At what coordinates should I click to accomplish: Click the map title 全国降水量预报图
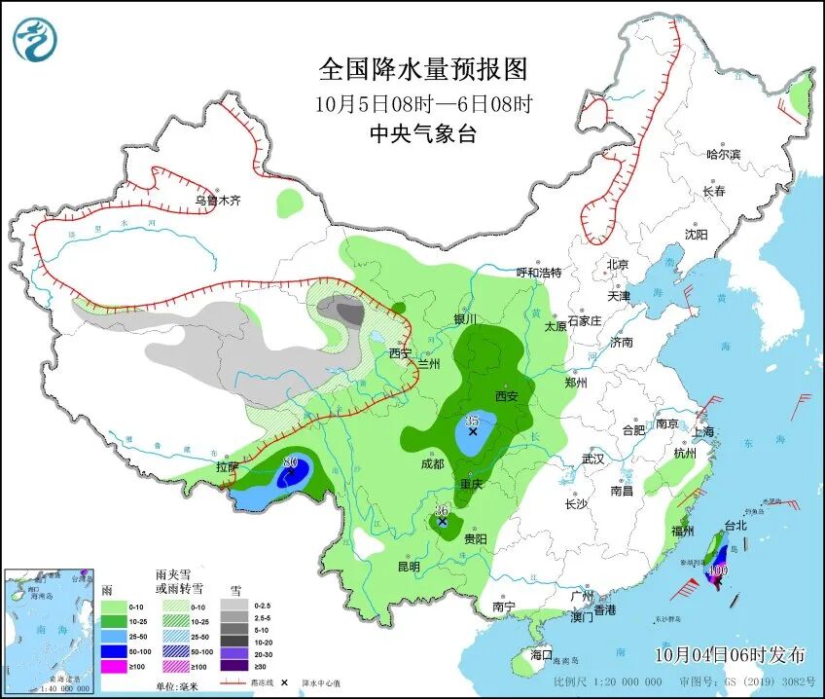click(x=423, y=69)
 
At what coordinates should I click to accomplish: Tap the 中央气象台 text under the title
click(x=423, y=134)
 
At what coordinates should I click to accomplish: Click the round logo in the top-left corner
click(x=35, y=39)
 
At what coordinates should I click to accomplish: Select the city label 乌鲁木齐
click(x=216, y=202)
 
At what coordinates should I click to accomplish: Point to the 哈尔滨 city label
click(x=723, y=155)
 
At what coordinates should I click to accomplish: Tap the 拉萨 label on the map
click(x=227, y=466)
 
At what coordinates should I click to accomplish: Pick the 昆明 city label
click(x=409, y=567)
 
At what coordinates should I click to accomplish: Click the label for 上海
click(x=703, y=431)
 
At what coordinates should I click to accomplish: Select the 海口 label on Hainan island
click(x=541, y=656)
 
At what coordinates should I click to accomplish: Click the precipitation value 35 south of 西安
click(x=472, y=421)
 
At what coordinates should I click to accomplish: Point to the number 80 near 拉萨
click(x=289, y=463)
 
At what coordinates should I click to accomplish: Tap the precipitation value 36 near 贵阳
click(x=441, y=510)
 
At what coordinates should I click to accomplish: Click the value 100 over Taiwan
click(x=719, y=570)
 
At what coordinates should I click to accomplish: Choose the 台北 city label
click(x=735, y=526)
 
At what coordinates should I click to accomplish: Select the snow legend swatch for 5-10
click(x=233, y=630)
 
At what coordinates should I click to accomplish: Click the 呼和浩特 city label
click(x=538, y=273)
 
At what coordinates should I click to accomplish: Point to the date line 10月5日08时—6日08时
click(x=423, y=103)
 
